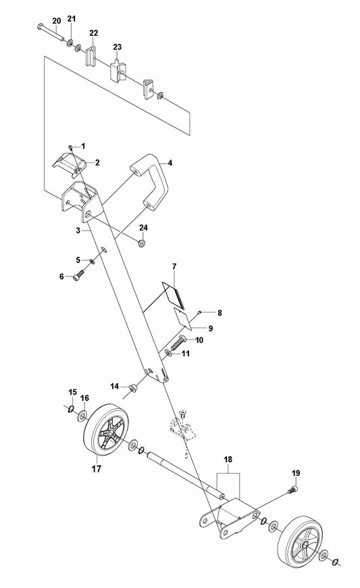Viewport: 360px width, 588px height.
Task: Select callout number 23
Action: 117,47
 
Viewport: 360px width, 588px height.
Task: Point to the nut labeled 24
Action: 143,243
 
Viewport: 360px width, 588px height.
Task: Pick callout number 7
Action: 173,266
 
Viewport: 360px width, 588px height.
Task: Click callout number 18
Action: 228,459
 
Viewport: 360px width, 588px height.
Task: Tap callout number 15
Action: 73,392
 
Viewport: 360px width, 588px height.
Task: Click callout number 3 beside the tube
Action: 78,230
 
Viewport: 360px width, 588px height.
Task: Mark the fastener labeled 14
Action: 132,387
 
